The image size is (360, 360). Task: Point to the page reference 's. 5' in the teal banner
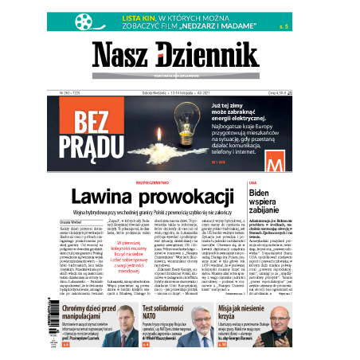[x=259, y=25]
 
